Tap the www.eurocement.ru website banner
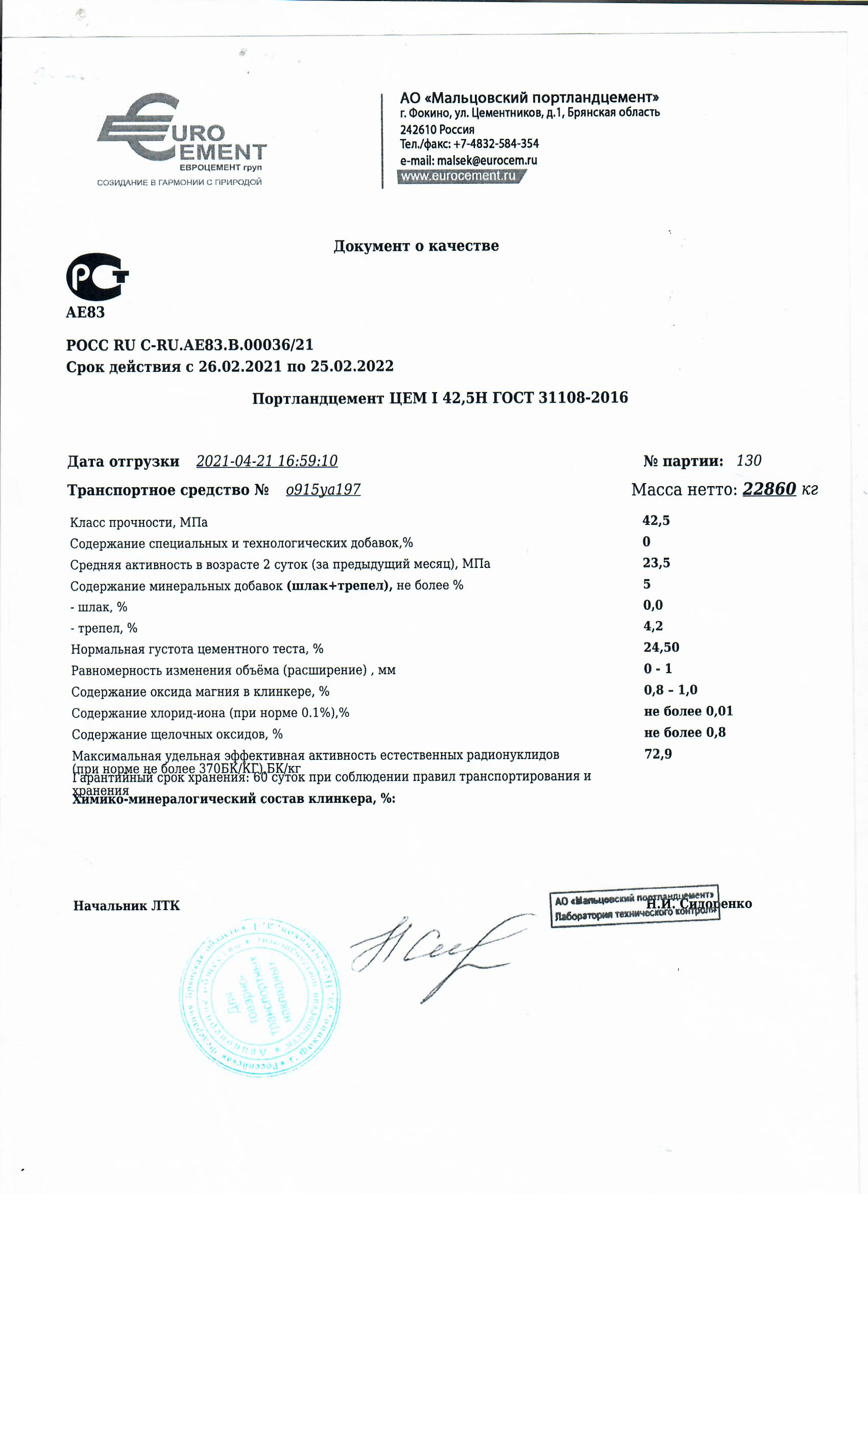pyautogui.click(x=461, y=176)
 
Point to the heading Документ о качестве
pyautogui.click(x=416, y=246)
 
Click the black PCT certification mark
pyautogui.click(x=97, y=276)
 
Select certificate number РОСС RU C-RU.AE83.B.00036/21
pyautogui.click(x=190, y=345)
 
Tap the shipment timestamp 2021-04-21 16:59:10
pyautogui.click(x=267, y=461)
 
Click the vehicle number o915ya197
pyautogui.click(x=323, y=490)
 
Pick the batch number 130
pyautogui.click(x=749, y=461)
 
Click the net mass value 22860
pyautogui.click(x=769, y=489)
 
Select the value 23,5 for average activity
pyautogui.click(x=656, y=562)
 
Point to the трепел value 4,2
pyautogui.click(x=653, y=626)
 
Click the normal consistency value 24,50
pyautogui.click(x=661, y=647)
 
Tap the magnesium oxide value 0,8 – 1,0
pyautogui.click(x=670, y=689)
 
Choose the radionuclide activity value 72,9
pyautogui.click(x=658, y=753)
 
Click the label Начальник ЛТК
pyautogui.click(x=127, y=905)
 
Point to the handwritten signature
pyautogui.click(x=435, y=952)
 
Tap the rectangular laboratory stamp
pyautogui.click(x=634, y=906)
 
